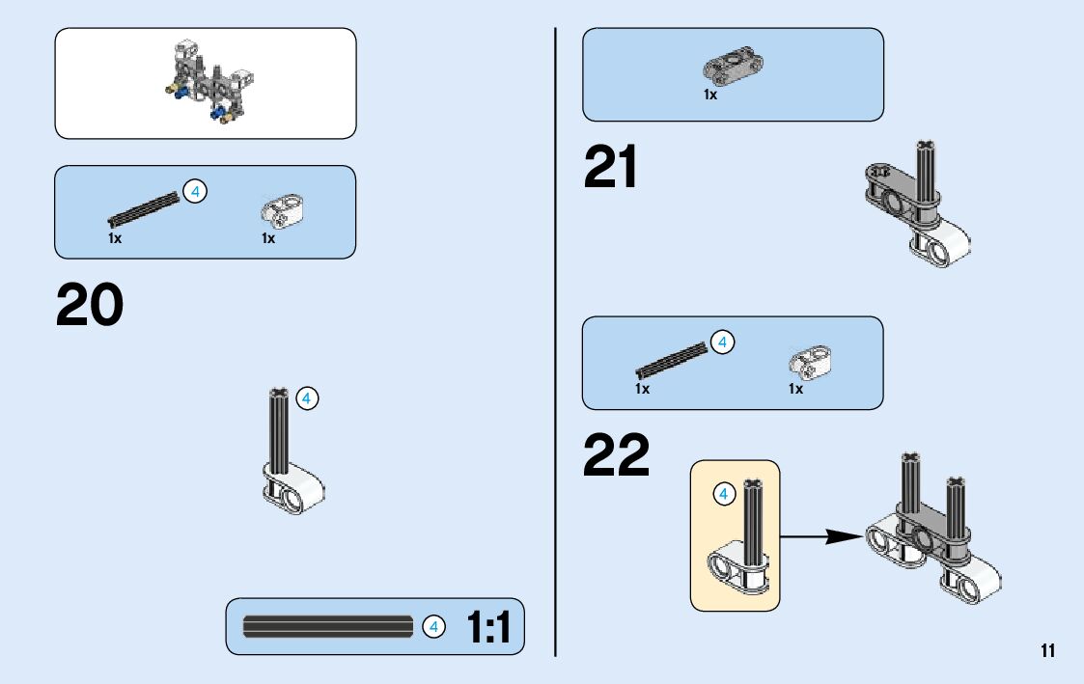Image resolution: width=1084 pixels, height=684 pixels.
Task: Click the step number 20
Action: click(x=90, y=305)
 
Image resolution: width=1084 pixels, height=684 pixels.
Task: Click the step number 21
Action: click(x=610, y=168)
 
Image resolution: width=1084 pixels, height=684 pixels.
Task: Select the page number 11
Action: click(x=1048, y=650)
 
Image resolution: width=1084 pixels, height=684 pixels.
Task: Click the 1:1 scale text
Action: click(x=489, y=628)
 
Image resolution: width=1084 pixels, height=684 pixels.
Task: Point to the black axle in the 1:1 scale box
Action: click(x=328, y=627)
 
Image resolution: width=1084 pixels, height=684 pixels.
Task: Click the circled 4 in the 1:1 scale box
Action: click(x=434, y=627)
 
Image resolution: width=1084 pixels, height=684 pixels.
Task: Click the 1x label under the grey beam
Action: click(x=710, y=95)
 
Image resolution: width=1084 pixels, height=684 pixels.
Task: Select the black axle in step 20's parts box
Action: click(x=144, y=211)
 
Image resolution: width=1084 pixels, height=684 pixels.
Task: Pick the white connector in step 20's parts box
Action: click(x=282, y=211)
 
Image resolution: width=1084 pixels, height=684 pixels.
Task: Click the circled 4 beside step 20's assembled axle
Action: click(x=307, y=397)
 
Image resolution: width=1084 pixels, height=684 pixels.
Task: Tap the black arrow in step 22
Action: click(x=820, y=536)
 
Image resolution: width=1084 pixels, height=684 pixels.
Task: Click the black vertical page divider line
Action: click(x=555, y=338)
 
